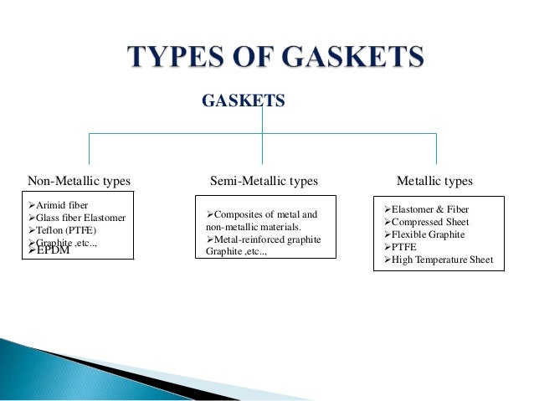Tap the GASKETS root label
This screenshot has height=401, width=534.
coord(244,102)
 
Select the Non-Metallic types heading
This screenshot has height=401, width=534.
coord(80,180)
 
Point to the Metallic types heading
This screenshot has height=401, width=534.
coord(434,180)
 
